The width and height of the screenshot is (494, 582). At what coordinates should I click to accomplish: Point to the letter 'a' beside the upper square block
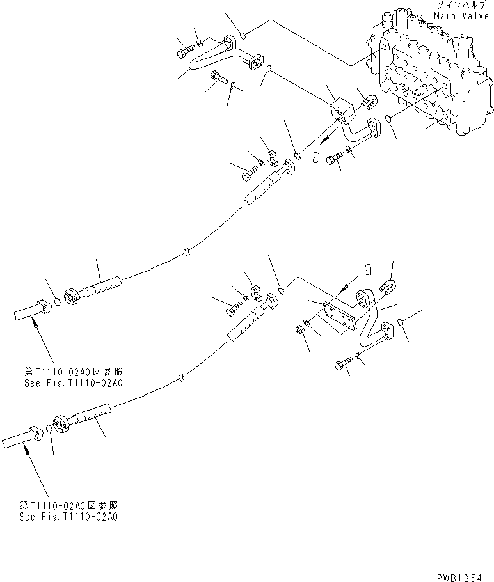coord(315,157)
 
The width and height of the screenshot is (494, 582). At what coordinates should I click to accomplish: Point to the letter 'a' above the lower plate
coord(367,270)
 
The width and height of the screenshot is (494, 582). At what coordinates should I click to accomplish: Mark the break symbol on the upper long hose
coord(186,252)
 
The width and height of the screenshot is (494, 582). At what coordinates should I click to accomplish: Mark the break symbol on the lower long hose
coord(182,377)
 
